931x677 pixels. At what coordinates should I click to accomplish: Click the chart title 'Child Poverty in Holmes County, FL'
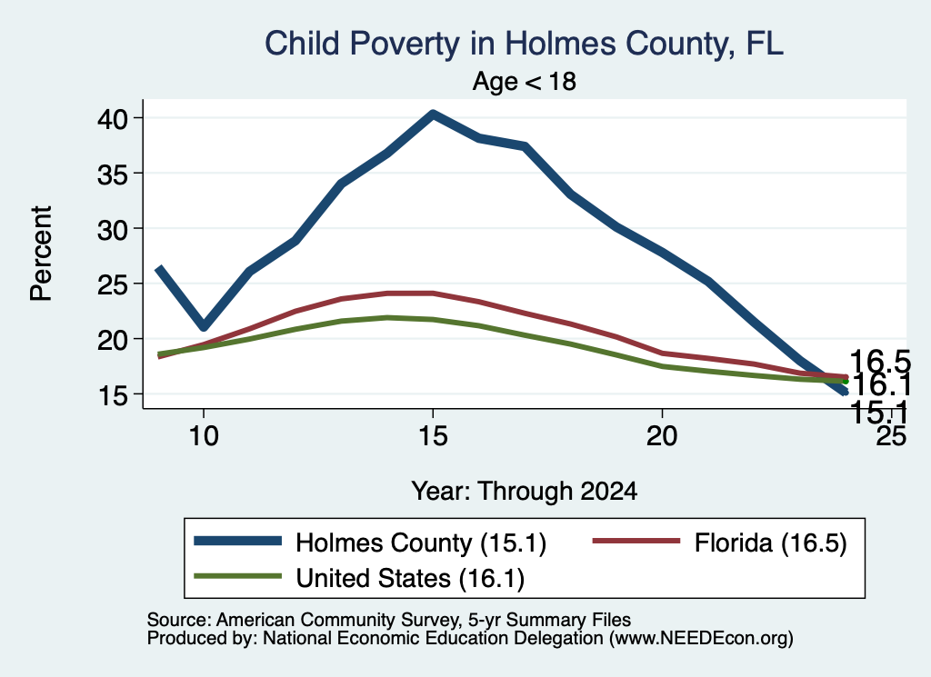[x=524, y=44]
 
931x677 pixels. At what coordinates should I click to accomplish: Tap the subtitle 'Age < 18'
[x=525, y=81]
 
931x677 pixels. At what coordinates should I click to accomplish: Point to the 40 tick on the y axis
[x=113, y=119]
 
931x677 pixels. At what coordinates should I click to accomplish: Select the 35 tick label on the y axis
[x=113, y=174]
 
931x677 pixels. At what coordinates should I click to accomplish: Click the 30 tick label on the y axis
[x=113, y=229]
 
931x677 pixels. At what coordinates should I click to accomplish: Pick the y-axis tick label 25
[x=113, y=284]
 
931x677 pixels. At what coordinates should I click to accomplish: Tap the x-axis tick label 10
[x=204, y=436]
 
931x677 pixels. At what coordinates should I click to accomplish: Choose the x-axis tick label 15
[x=433, y=436]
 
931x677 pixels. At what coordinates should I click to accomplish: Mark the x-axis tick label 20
[x=662, y=436]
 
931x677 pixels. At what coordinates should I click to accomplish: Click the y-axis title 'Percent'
[x=41, y=254]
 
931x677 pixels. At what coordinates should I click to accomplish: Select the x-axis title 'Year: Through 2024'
[x=525, y=492]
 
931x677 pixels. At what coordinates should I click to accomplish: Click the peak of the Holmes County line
[x=433, y=114]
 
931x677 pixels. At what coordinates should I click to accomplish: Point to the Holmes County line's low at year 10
[x=204, y=326]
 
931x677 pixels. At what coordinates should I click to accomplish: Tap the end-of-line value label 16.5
[x=880, y=362]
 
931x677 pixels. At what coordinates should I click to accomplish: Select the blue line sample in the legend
[x=237, y=541]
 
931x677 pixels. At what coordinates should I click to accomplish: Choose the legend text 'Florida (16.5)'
[x=770, y=543]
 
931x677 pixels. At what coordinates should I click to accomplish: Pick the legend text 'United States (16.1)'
[x=410, y=578]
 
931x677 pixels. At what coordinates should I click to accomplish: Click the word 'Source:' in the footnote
[x=179, y=620]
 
